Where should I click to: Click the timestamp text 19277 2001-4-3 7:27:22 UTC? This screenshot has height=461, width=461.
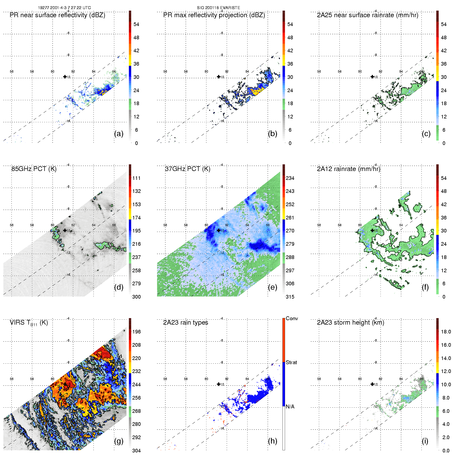click(64, 8)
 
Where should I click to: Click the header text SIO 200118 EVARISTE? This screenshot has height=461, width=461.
click(218, 8)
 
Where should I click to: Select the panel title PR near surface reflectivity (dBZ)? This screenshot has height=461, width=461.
click(57, 15)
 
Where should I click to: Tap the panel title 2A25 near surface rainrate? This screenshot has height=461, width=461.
click(367, 15)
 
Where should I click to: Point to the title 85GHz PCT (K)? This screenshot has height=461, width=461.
click(34, 169)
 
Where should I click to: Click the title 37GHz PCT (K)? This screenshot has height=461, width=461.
click(187, 169)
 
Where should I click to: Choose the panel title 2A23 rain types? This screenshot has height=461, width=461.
click(186, 323)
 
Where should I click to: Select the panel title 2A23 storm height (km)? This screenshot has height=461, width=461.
click(350, 323)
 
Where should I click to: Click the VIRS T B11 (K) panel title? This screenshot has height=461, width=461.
click(29, 323)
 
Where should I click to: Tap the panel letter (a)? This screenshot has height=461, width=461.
click(119, 134)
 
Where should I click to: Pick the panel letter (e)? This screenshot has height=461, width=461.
click(272, 287)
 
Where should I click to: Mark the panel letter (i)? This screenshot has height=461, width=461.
click(425, 441)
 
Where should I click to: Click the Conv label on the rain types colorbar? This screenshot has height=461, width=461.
click(292, 318)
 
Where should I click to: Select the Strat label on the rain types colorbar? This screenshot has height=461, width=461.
click(291, 362)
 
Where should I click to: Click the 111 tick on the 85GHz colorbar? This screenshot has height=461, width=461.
click(136, 178)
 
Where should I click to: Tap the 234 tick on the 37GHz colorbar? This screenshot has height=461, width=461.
click(290, 178)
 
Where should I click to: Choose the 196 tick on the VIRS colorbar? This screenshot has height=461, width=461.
click(136, 332)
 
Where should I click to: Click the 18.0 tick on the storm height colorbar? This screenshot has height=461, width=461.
click(446, 332)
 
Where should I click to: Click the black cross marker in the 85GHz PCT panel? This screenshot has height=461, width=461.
click(65, 230)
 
